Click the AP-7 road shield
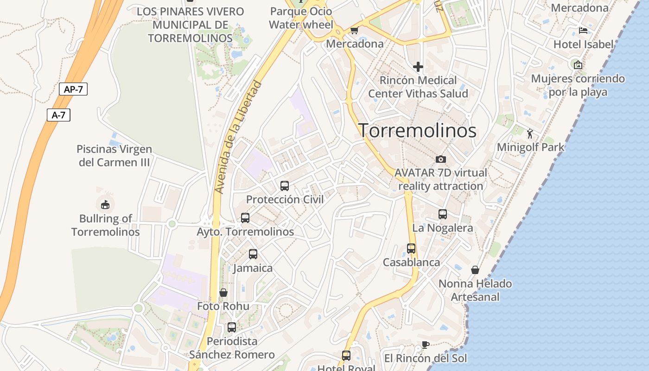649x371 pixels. (x=73, y=89)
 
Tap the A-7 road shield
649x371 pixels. (x=58, y=115)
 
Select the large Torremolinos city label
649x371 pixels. (x=417, y=131)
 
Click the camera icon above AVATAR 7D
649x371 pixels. (x=441, y=159)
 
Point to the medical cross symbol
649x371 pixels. (x=418, y=67)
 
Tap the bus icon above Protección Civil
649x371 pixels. (x=285, y=186)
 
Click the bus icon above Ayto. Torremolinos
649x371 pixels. (x=245, y=218)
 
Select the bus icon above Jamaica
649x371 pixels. (x=253, y=254)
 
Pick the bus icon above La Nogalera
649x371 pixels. (x=443, y=214)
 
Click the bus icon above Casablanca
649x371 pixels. (x=411, y=249)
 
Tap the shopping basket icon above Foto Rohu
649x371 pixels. (x=223, y=293)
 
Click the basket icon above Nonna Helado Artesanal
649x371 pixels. (x=475, y=270)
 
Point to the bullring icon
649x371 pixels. (x=105, y=204)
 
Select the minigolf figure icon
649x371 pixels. (x=530, y=134)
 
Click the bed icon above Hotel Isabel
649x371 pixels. (x=583, y=31)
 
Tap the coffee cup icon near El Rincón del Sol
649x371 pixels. (x=425, y=345)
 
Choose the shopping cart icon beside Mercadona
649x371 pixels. (x=355, y=31)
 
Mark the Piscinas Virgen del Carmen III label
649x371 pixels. (x=114, y=156)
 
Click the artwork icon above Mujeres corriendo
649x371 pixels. (x=578, y=65)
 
